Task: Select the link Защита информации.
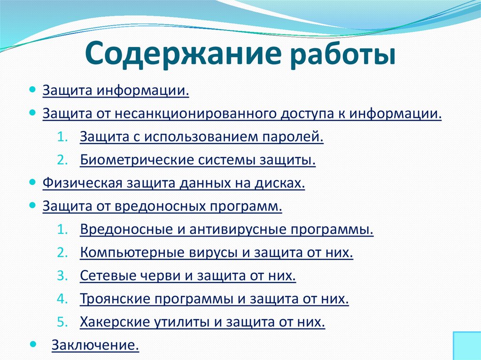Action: pyautogui.click(x=116, y=90)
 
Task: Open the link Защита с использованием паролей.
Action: pyautogui.click(x=202, y=137)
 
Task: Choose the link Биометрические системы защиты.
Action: pyautogui.click(x=197, y=160)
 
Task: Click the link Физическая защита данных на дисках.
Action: pyautogui.click(x=174, y=183)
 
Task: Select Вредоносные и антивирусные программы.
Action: pyautogui.click(x=226, y=230)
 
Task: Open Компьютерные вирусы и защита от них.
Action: pyautogui.click(x=216, y=253)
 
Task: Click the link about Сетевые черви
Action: pyautogui.click(x=188, y=276)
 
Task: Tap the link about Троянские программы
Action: pyautogui.click(x=214, y=299)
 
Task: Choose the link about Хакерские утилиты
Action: pyautogui.click(x=202, y=322)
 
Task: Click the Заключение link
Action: pyautogui.click(x=95, y=346)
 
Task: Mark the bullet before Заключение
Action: pyautogui.click(x=32, y=344)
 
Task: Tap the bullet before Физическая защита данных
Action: pyautogui.click(x=32, y=181)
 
